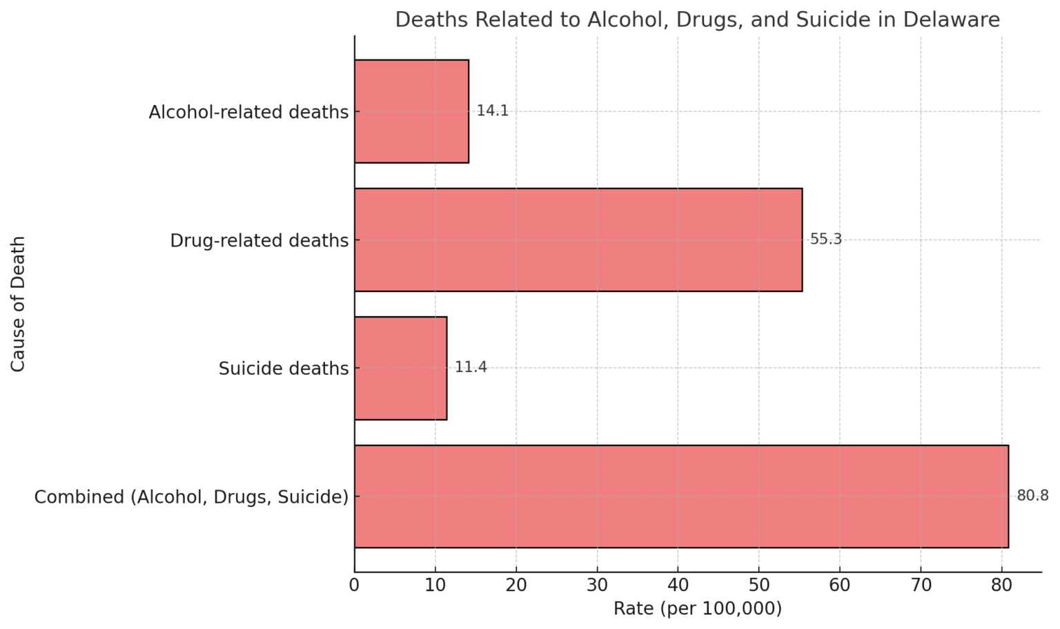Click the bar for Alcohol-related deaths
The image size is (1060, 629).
(411, 111)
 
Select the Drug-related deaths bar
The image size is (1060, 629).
(578, 240)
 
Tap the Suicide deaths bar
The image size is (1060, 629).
(400, 368)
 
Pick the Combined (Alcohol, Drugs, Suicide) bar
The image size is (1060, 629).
(681, 496)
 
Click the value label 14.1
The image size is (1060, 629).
(493, 110)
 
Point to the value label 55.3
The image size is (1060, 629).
(826, 239)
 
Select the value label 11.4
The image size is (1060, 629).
(471, 367)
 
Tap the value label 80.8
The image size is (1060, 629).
(1032, 496)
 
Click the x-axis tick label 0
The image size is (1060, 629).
(355, 586)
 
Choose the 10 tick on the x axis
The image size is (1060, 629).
(435, 586)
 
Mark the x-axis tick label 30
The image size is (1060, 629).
(597, 586)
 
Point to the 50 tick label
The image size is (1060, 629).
(758, 586)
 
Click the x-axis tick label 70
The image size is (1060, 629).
(921, 586)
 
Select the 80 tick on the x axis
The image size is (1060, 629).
(1001, 586)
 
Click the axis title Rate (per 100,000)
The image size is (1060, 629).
(698, 609)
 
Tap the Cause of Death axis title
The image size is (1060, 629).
(18, 304)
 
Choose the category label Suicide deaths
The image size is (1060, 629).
(284, 369)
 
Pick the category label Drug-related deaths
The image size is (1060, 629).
(259, 240)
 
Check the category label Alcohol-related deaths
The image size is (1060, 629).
(248, 112)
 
